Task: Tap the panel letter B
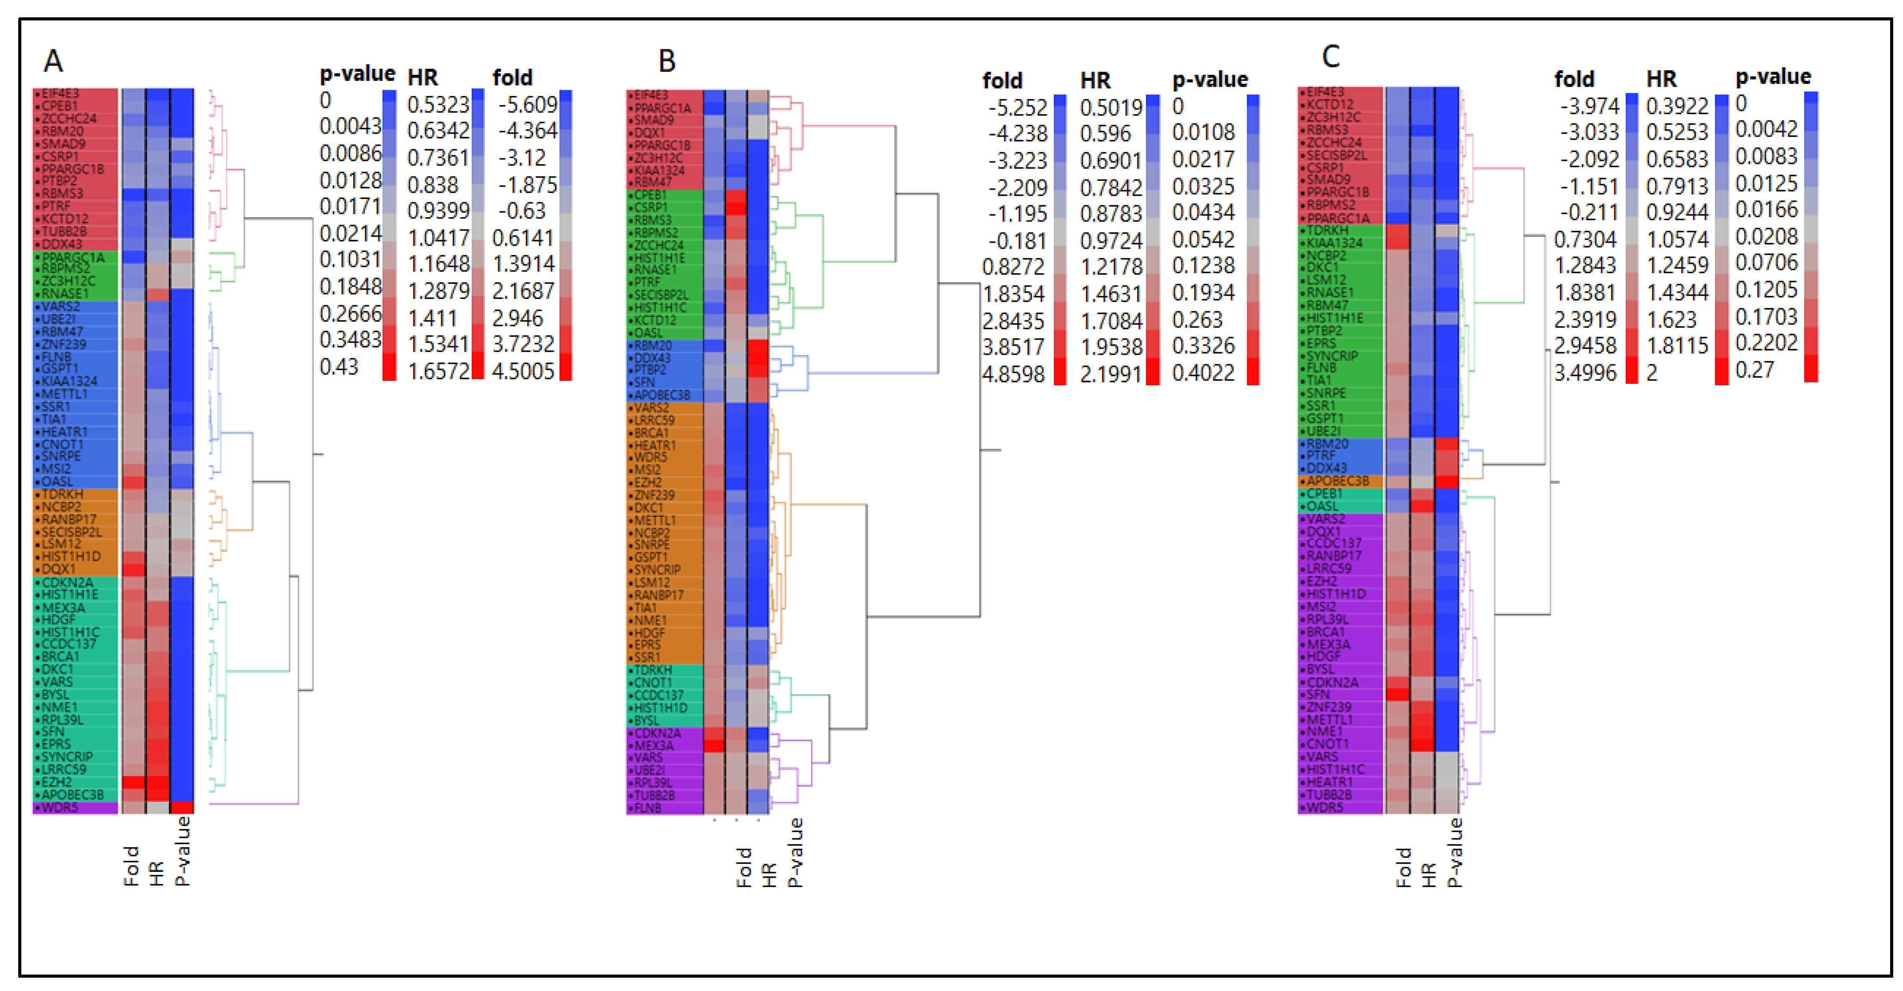coord(666,60)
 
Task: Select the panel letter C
coord(1331,56)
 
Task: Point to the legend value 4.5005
coord(523,371)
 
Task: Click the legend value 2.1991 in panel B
coord(1110,374)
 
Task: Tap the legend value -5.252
coord(1017,108)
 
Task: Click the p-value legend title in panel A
coord(357,74)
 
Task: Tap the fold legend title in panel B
coord(1002,80)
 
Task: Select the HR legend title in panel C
coord(1661,79)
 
